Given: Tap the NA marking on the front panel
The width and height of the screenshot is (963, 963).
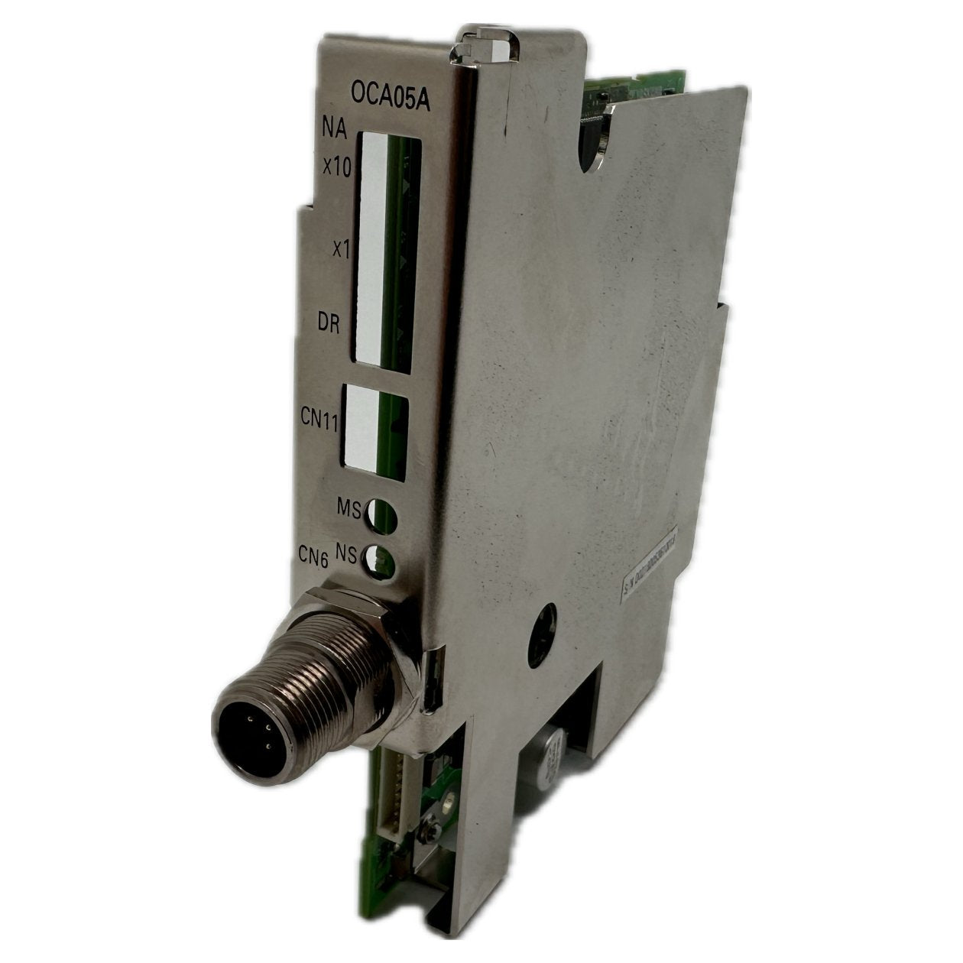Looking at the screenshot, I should point(336,131).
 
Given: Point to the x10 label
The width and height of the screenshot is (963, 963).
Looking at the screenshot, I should point(337,167).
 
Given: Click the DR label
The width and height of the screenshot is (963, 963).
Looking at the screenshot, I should point(329,323).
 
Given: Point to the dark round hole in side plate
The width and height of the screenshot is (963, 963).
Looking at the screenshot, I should point(550,618).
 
